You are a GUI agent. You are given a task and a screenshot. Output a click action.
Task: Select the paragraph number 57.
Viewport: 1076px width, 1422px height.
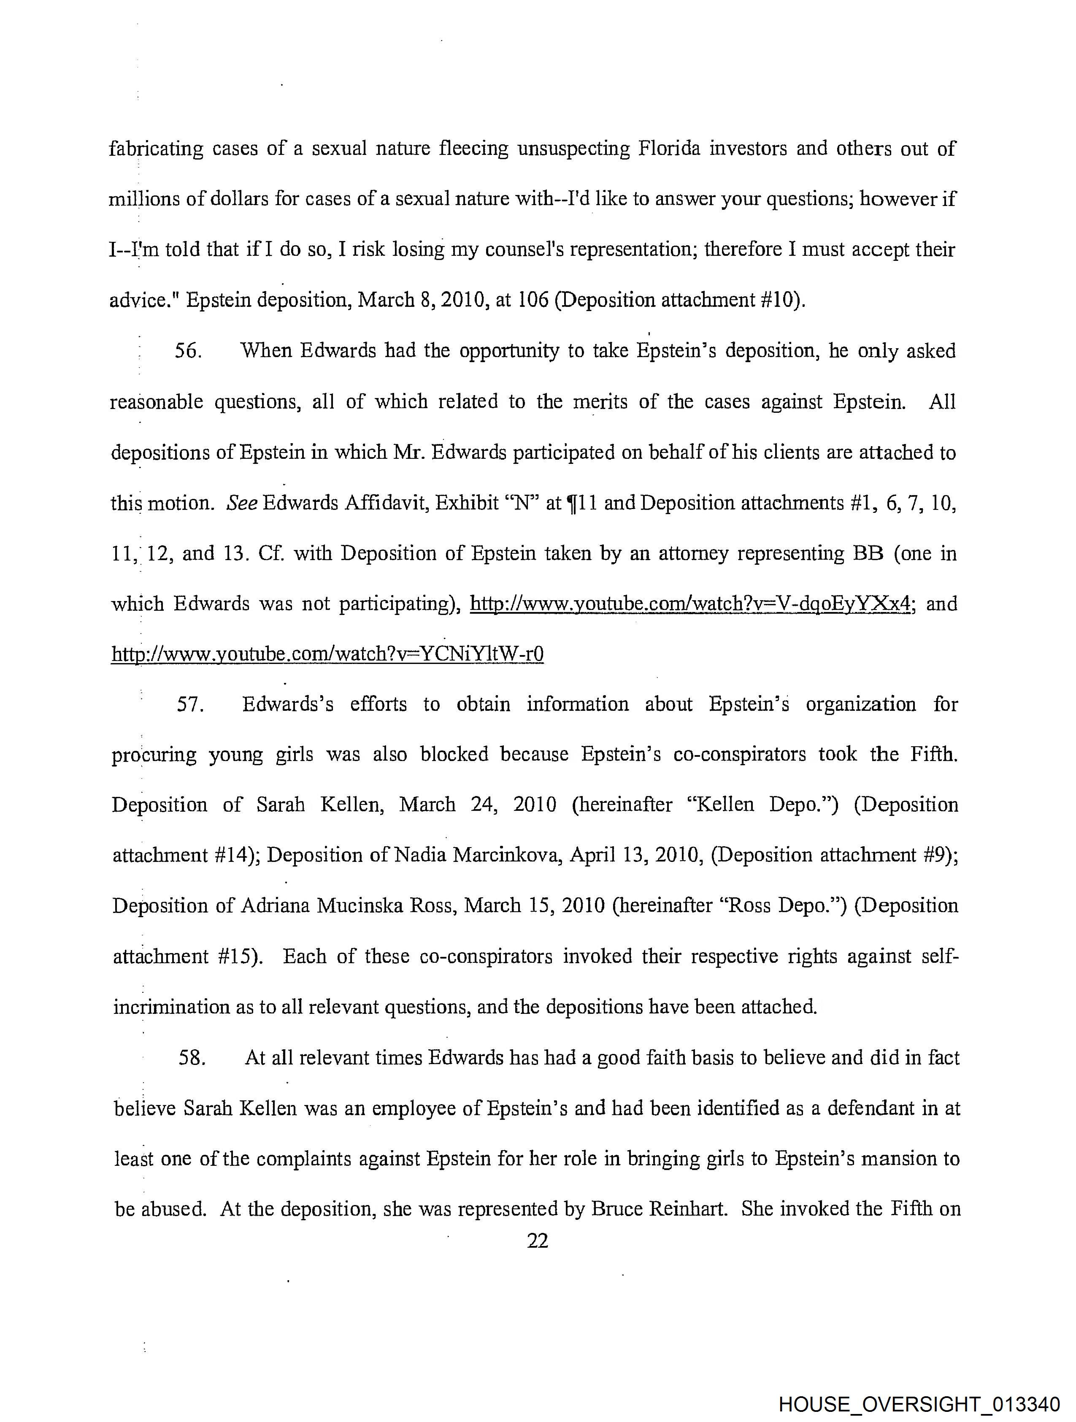(190, 704)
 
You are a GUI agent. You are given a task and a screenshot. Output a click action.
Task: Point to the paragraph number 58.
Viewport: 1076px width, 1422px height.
(192, 1058)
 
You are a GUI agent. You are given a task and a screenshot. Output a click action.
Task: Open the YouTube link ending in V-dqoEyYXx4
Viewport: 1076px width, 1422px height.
(691, 604)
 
